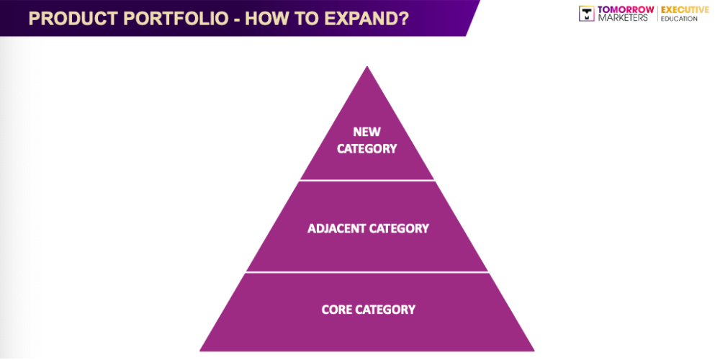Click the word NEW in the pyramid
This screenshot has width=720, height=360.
[366, 132]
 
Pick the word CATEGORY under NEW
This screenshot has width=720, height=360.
[366, 149]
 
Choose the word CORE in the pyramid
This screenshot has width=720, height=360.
[336, 310]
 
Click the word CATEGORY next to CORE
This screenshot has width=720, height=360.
[385, 310]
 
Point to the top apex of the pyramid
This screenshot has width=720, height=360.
[367, 68]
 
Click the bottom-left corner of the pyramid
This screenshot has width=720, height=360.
[202, 350]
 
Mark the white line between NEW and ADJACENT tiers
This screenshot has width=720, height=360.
[367, 180]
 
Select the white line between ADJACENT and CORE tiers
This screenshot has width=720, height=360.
[367, 272]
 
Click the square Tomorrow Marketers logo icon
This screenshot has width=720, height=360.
[587, 14]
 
